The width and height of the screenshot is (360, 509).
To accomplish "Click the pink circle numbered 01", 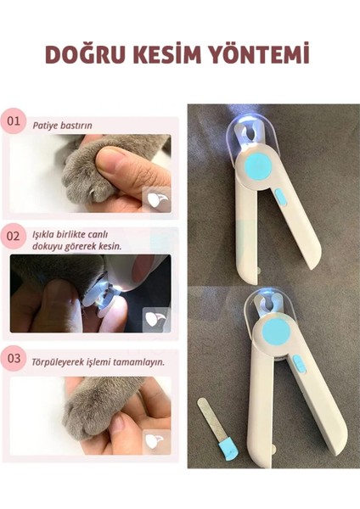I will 13,121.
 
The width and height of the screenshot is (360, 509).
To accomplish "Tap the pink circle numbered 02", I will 13,235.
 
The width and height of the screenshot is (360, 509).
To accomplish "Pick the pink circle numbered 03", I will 13,357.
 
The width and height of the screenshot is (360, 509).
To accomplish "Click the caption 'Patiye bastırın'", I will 63,126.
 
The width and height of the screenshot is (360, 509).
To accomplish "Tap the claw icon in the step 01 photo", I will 155,199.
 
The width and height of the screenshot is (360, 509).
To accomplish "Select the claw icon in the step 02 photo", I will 155,318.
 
